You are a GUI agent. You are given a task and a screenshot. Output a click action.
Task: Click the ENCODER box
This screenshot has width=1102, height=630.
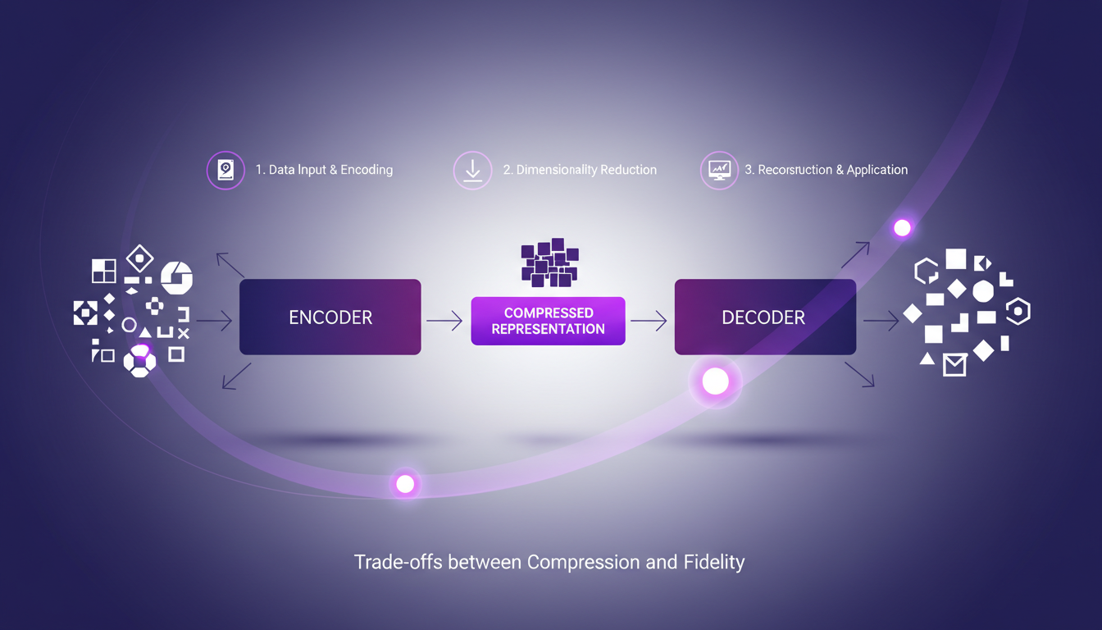[x=330, y=317]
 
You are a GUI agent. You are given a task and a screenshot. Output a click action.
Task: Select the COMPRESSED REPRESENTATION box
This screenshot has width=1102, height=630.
[x=548, y=321]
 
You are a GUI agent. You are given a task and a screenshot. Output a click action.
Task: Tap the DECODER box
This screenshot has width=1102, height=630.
[x=764, y=317]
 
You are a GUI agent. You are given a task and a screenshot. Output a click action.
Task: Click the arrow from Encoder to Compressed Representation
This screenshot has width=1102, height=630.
[x=445, y=321]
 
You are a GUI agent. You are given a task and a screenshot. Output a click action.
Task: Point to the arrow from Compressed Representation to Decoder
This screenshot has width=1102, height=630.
[x=649, y=321]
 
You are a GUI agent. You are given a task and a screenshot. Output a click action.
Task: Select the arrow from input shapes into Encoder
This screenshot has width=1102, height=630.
[x=214, y=321]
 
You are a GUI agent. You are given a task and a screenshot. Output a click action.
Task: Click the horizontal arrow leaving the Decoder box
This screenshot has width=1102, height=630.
[x=881, y=321]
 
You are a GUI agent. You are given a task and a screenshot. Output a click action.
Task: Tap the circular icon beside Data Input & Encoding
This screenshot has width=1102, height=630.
[x=225, y=171]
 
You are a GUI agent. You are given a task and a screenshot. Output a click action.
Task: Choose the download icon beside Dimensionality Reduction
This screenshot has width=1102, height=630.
[x=472, y=171]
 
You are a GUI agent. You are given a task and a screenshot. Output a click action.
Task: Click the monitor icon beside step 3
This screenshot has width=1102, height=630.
[x=719, y=171]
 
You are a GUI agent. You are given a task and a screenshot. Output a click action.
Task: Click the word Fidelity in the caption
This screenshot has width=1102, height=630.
[x=713, y=563]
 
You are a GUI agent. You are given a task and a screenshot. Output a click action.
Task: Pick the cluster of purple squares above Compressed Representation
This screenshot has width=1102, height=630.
[x=549, y=262]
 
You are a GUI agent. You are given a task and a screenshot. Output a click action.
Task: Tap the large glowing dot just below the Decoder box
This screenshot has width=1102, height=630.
[x=716, y=381]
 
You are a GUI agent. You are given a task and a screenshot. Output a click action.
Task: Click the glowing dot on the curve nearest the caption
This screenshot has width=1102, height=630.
[x=405, y=484]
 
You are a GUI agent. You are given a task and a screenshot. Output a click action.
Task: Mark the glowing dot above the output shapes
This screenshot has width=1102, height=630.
[x=902, y=228]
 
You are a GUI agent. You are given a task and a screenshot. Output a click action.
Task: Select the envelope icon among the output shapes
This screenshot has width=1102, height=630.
[x=954, y=364]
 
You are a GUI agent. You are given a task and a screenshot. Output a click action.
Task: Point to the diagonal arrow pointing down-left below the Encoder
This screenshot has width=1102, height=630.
[x=237, y=376]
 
